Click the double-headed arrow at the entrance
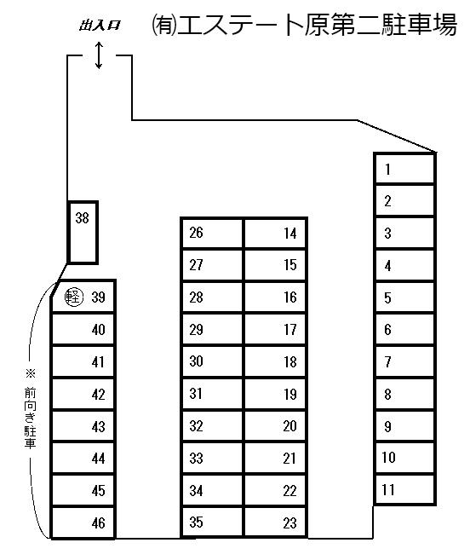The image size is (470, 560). pyautogui.click(x=99, y=55)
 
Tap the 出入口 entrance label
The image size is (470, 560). pyautogui.click(x=100, y=26)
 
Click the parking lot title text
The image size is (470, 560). pyautogui.click(x=304, y=25)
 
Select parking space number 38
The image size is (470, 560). pyautogui.click(x=83, y=233)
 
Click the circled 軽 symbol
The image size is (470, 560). pyautogui.click(x=74, y=297)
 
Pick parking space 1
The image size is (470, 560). pyautogui.click(x=404, y=169)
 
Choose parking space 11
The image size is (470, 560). pyautogui.click(x=404, y=489)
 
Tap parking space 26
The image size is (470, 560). pyautogui.click(x=213, y=233)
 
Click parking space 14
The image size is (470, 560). pyautogui.click(x=275, y=233)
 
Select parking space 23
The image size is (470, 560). pyautogui.click(x=275, y=522)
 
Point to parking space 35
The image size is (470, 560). pyautogui.click(x=213, y=522)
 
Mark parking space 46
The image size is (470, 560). pyautogui.click(x=83, y=522)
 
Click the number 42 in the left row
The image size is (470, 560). pyautogui.click(x=98, y=395)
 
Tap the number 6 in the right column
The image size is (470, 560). pyautogui.click(x=387, y=329)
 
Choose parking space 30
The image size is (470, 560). pyautogui.click(x=213, y=361)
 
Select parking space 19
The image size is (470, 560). pyautogui.click(x=275, y=394)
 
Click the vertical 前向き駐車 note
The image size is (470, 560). pyautogui.click(x=31, y=418)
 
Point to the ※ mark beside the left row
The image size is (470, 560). pyautogui.click(x=31, y=373)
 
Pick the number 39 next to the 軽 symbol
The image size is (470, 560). pyautogui.click(x=98, y=297)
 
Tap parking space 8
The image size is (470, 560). pyautogui.click(x=404, y=394)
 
